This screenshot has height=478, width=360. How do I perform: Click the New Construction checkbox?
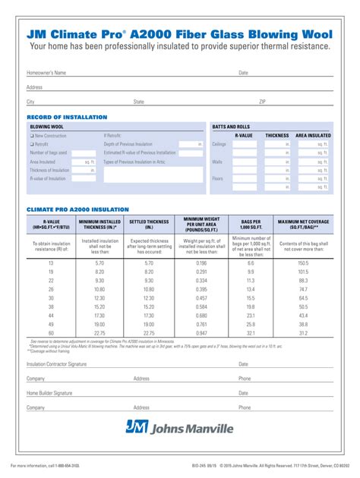point(32,135)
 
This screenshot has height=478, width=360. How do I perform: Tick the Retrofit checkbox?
point(32,143)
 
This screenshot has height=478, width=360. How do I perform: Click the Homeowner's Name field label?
point(46,73)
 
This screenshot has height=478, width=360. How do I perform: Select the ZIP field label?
point(263,101)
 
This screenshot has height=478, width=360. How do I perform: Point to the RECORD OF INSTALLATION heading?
point(67,116)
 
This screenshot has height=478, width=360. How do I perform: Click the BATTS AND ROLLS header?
point(231,126)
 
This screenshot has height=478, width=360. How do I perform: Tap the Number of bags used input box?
point(83,153)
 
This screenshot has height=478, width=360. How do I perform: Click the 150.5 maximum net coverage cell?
point(303,262)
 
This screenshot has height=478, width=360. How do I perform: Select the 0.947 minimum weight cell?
point(201,332)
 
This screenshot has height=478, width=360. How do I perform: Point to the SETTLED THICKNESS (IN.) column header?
point(150,224)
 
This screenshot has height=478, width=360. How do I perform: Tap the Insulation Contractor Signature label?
point(57,364)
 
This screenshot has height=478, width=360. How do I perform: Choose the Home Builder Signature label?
point(49,393)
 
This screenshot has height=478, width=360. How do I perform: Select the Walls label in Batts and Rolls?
point(217,162)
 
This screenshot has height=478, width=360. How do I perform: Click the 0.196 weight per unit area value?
point(201,262)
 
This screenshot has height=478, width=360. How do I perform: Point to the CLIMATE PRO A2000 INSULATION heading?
point(77,209)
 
